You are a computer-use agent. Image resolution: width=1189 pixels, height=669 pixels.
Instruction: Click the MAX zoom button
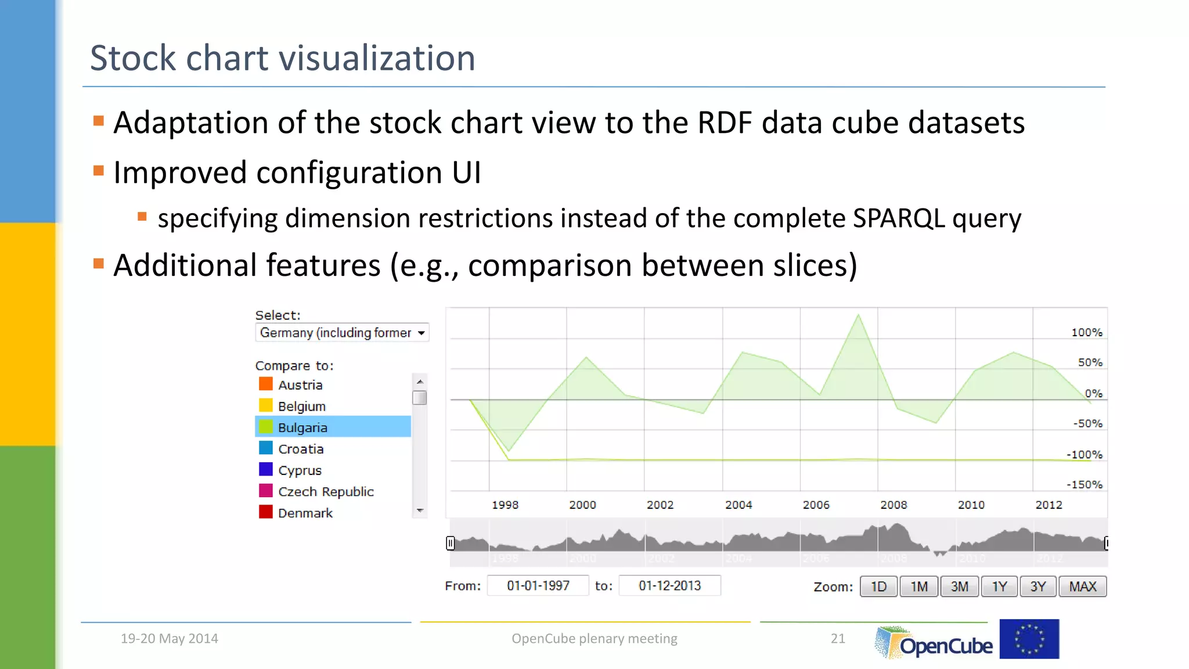click(1082, 587)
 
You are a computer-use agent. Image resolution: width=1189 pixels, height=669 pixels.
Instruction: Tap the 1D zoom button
click(878, 587)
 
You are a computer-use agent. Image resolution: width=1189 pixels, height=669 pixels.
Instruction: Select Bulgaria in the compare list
click(302, 427)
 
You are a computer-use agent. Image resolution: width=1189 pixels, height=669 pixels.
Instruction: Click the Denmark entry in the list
click(305, 513)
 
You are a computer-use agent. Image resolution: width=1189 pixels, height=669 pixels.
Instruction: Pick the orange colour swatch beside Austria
click(265, 384)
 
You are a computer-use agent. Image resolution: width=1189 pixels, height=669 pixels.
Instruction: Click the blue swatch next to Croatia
click(265, 448)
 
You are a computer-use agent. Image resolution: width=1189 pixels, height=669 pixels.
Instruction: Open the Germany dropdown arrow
click(421, 333)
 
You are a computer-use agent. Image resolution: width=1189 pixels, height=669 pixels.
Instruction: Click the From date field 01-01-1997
click(538, 585)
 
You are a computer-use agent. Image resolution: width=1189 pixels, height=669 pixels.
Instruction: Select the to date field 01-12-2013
click(669, 585)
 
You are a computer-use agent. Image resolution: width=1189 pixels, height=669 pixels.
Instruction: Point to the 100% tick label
click(1086, 332)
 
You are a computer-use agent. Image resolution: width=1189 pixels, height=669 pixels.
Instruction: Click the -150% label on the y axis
click(1084, 484)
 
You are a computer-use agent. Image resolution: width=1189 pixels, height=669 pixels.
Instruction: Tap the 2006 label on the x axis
click(816, 505)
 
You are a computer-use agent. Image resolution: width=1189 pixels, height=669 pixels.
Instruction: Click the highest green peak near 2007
click(859, 315)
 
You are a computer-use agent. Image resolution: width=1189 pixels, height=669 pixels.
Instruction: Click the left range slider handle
click(450, 543)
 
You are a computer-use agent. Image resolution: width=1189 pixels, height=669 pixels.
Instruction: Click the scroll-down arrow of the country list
click(420, 510)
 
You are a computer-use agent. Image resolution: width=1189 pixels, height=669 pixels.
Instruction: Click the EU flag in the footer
click(1029, 639)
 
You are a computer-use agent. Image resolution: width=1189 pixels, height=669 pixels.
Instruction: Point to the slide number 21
click(838, 638)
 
